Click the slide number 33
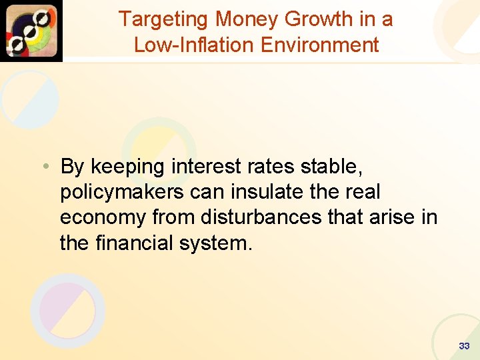click(464, 346)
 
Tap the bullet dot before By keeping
click(43, 165)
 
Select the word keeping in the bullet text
click(128, 167)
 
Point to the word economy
click(103, 217)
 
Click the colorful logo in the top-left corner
click(31, 31)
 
